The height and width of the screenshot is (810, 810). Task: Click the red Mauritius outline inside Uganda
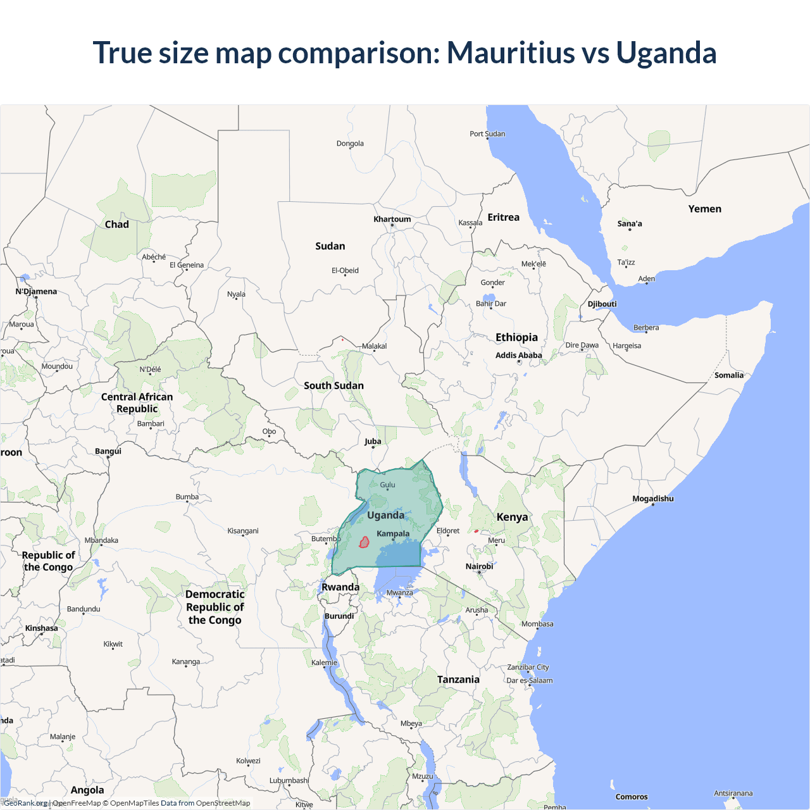(364, 542)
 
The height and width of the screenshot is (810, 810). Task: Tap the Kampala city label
(393, 533)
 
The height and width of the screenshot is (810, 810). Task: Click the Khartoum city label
(392, 219)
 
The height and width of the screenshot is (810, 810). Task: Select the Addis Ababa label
(518, 355)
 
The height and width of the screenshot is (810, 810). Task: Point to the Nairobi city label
(479, 566)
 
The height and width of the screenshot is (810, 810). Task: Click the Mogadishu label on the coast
(652, 499)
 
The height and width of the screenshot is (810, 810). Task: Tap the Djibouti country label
(602, 304)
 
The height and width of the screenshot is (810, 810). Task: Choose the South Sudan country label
(333, 385)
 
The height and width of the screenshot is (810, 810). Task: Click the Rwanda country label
(340, 587)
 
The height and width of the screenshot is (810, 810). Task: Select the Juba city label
(373, 441)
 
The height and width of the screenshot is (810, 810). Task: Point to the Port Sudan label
(487, 134)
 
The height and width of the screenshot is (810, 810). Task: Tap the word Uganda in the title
(666, 53)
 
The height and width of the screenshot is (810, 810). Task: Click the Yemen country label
(704, 209)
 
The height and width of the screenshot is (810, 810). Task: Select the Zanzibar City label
(528, 667)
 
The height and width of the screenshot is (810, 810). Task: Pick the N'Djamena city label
(36, 291)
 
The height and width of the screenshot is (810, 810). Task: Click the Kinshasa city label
(41, 628)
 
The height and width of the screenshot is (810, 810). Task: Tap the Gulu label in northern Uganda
(387, 485)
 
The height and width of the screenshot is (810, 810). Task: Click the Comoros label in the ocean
(631, 797)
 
